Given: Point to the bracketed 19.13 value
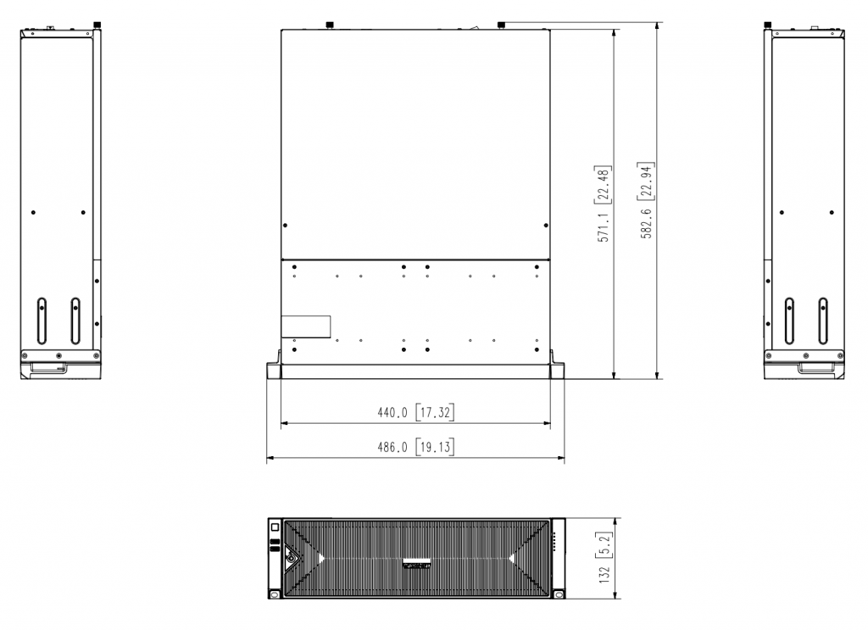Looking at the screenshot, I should click(x=435, y=447).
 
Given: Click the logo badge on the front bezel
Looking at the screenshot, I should click(x=418, y=562).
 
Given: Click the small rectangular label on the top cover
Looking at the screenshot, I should click(x=305, y=326).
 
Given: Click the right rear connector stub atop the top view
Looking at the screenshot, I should click(x=501, y=24).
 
